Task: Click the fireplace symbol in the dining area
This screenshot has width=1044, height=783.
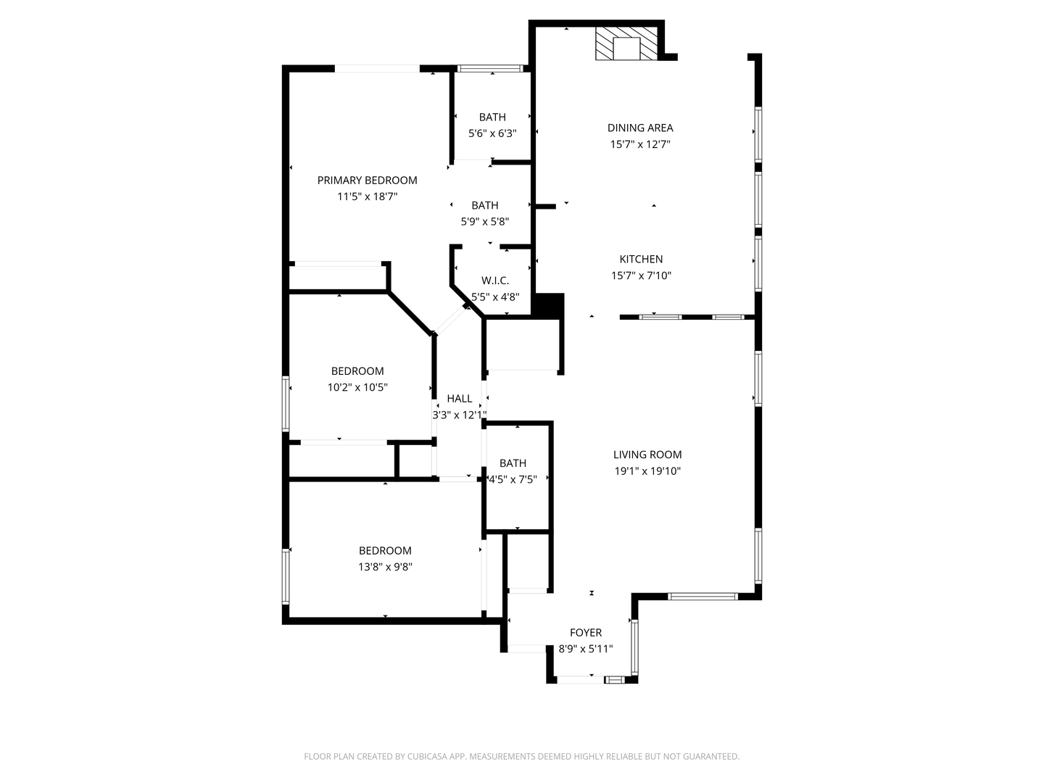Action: (x=627, y=45)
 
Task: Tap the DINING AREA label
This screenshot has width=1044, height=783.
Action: (x=640, y=128)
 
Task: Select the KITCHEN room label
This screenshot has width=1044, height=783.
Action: (x=641, y=259)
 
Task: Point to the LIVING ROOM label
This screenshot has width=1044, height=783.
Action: (x=647, y=455)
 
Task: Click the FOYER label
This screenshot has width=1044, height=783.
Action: (x=586, y=632)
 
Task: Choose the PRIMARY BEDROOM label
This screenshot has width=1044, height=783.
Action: (x=367, y=180)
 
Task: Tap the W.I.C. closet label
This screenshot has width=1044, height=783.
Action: (x=495, y=280)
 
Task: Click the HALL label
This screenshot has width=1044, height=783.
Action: (x=460, y=398)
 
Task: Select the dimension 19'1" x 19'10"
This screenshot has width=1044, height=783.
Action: (x=647, y=471)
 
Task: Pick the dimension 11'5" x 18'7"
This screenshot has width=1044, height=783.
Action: (x=367, y=196)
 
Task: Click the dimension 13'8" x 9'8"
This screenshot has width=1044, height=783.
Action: (x=385, y=567)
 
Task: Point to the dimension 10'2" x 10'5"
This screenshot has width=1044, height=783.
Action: (x=357, y=387)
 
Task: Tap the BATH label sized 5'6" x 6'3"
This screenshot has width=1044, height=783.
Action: (x=492, y=117)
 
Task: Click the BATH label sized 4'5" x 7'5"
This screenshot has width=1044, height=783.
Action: (x=513, y=463)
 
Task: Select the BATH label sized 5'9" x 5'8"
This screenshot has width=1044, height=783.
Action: (x=485, y=205)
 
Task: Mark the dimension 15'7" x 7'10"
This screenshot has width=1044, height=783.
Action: (x=641, y=275)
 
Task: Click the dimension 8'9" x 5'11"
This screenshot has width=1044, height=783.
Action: (x=586, y=649)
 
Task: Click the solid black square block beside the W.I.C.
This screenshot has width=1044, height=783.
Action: (x=549, y=304)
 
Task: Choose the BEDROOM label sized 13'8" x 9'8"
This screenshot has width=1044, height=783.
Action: (x=385, y=550)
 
